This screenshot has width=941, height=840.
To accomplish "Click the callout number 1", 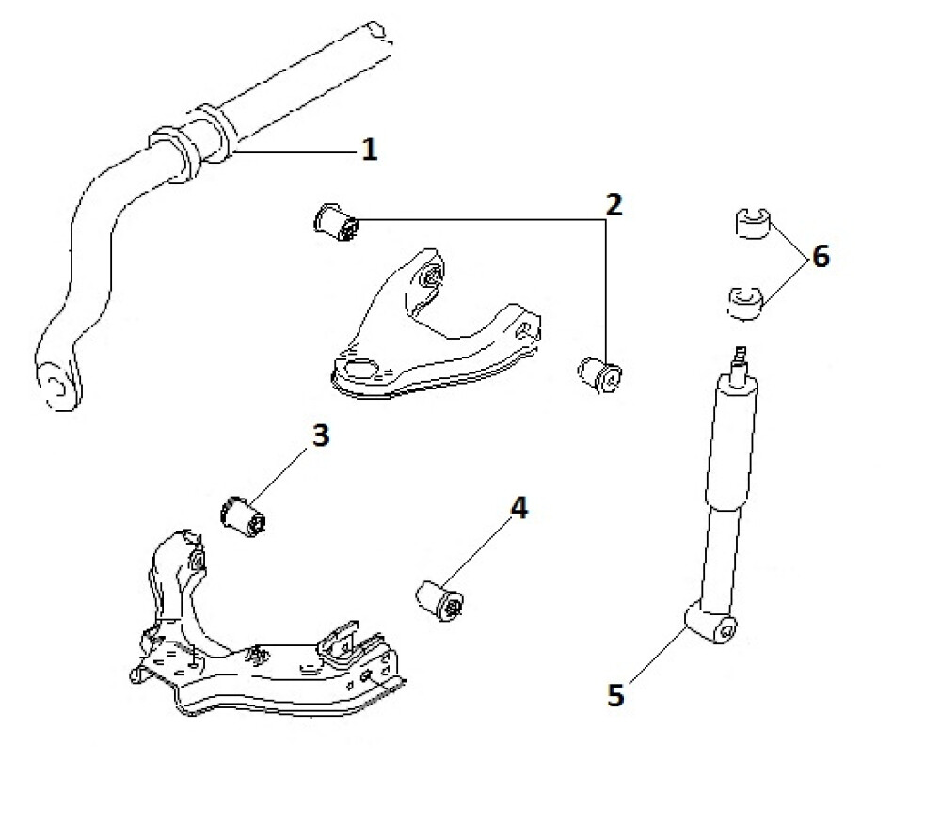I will point(370,150).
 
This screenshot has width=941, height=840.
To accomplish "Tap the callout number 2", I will point(613,204).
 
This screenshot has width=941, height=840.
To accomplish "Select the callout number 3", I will point(320,436).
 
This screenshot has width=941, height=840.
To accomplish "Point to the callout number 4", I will point(518,509).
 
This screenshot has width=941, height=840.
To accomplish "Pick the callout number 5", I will point(615,695).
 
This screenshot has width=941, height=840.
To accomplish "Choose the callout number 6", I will point(821,256).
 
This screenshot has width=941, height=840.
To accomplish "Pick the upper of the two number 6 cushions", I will point(751,225).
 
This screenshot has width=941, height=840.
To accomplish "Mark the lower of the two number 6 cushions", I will point(748,302).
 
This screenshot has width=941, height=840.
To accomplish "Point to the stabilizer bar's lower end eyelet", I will point(56,383).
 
